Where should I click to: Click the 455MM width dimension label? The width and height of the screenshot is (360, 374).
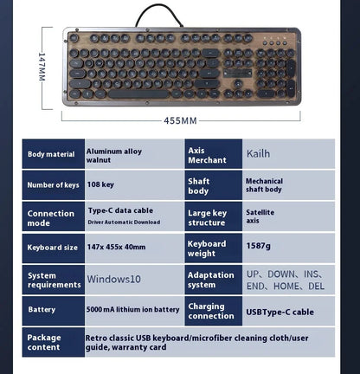point(180,120)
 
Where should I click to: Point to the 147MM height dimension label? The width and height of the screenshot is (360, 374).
point(42,67)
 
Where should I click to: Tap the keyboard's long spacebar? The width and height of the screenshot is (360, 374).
point(138,94)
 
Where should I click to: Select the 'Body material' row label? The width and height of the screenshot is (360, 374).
point(51,154)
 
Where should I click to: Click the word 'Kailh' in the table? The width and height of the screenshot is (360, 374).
point(258,153)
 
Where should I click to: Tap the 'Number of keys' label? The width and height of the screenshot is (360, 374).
point(53,185)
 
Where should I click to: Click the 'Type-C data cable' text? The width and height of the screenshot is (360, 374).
point(120,210)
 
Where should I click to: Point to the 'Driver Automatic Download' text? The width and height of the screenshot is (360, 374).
point(124,222)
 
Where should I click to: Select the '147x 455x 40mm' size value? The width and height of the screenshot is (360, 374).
point(116,247)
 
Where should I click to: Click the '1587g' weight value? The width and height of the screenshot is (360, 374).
point(258,246)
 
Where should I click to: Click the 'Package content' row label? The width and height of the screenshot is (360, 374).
point(44,342)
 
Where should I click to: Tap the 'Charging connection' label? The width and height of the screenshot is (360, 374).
point(211,311)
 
